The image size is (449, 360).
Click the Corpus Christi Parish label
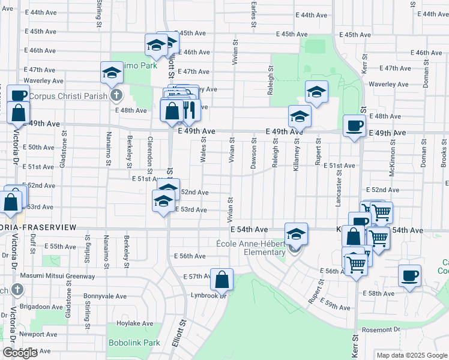point(68,95)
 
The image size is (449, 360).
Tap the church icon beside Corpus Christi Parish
point(116,95)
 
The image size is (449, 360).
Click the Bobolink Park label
point(134,343)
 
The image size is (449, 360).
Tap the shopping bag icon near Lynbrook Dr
point(221,279)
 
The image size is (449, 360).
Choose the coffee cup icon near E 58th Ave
point(409,275)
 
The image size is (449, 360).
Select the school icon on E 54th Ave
point(296,233)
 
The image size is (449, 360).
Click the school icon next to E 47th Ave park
point(112,73)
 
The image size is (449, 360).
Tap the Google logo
point(20,353)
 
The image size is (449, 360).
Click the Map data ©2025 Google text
point(411,355)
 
